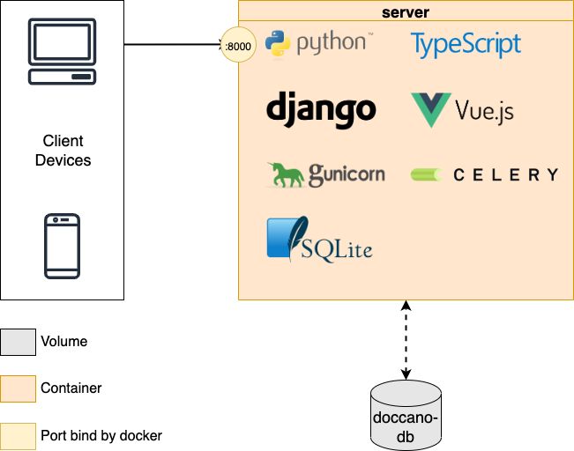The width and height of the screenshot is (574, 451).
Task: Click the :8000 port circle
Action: (x=236, y=44)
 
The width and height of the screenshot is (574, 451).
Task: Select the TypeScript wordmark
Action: (x=466, y=43)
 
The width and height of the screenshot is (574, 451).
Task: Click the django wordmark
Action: (x=321, y=108)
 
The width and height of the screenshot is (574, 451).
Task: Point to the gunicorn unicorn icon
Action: (x=287, y=174)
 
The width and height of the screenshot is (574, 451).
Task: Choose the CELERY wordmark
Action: (x=505, y=174)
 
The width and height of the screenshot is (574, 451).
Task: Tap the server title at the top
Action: (x=406, y=12)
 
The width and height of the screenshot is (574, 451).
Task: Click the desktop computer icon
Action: (x=62, y=52)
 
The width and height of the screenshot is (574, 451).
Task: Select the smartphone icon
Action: (x=63, y=246)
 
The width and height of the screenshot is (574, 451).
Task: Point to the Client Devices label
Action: (x=63, y=151)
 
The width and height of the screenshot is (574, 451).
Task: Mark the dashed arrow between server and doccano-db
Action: (x=406, y=339)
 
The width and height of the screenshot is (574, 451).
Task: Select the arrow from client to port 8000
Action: (x=172, y=44)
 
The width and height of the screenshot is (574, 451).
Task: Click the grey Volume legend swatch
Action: (x=17, y=341)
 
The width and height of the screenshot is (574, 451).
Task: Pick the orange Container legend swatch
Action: (x=17, y=388)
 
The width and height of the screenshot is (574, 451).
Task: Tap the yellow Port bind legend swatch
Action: (x=17, y=435)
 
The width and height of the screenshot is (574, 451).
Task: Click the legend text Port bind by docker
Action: (x=101, y=435)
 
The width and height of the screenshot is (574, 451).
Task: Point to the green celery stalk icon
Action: (x=426, y=174)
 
